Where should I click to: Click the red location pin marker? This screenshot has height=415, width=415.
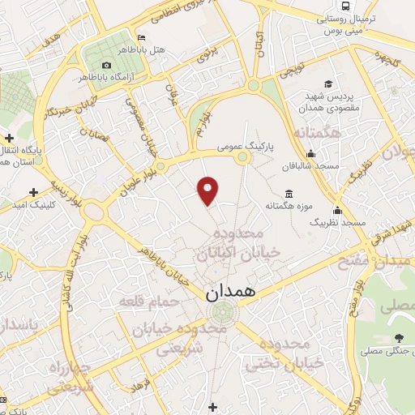209,190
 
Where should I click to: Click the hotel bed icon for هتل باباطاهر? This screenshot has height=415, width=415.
143,38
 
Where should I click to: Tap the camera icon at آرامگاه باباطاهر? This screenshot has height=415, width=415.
106,65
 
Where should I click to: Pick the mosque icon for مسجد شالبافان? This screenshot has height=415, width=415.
310,155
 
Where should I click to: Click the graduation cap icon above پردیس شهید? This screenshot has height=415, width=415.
328,83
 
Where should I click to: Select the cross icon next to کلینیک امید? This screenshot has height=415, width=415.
33,192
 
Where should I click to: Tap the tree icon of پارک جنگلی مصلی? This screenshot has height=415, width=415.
398,338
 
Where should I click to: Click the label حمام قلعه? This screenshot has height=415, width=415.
143,302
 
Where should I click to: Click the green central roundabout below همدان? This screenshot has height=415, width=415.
219,312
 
